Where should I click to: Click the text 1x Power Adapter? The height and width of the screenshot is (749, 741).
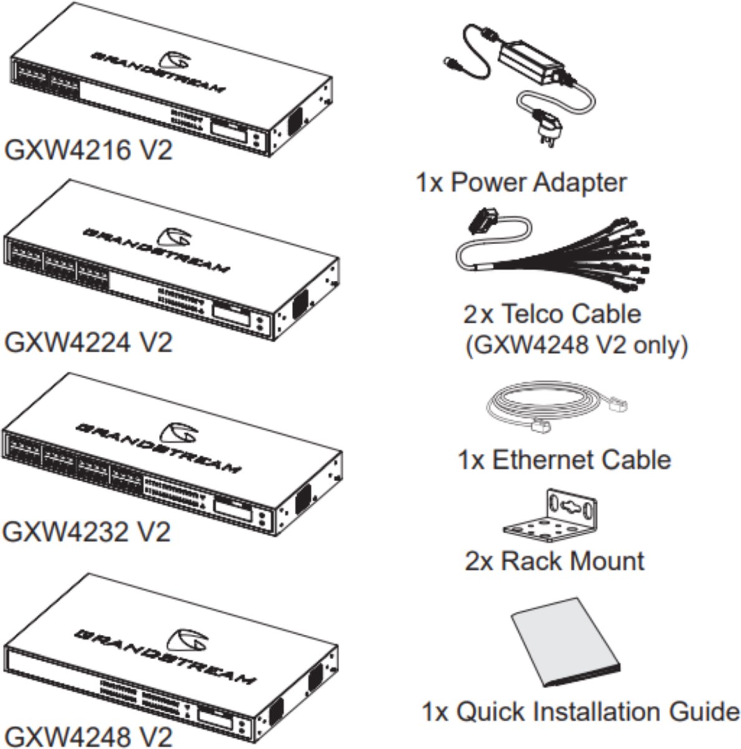coord(521,183)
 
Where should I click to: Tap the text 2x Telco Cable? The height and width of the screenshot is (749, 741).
coord(552,313)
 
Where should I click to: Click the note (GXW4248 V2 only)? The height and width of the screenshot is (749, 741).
coord(577,345)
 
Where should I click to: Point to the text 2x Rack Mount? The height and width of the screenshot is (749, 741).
coord(555,561)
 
